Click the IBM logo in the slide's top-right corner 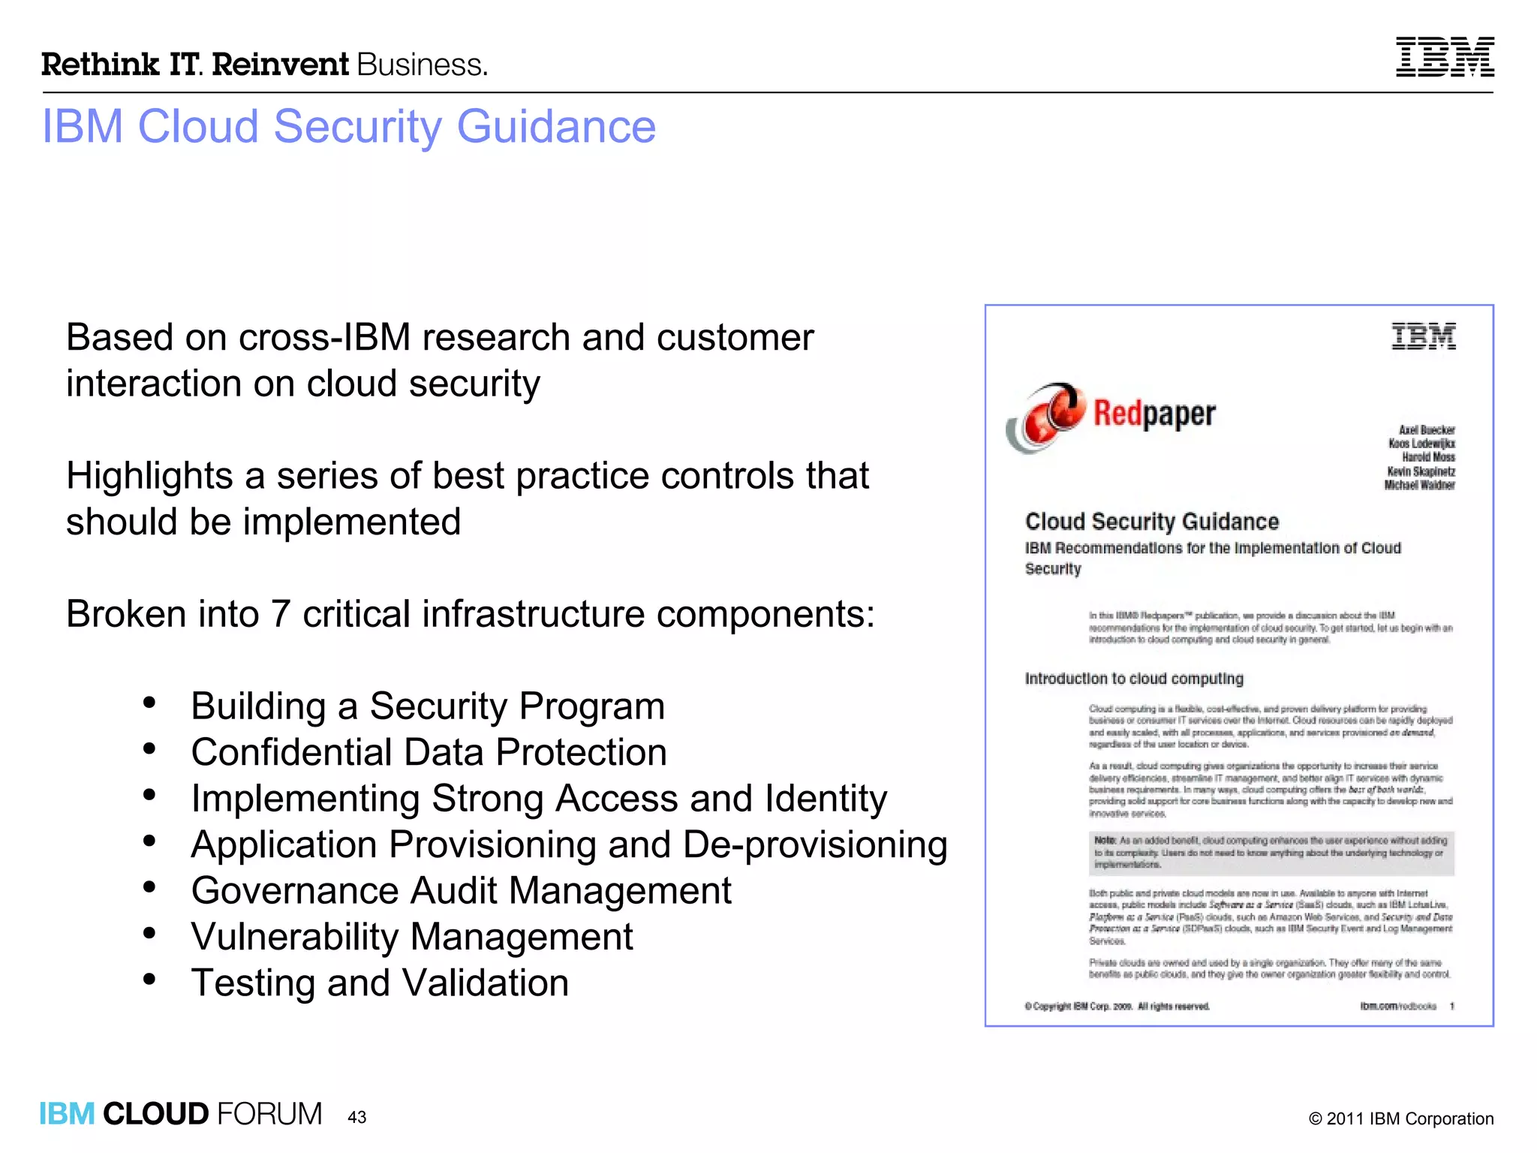click(1444, 57)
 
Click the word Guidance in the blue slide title click(556, 126)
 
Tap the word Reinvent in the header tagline click(281, 65)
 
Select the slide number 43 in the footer click(356, 1117)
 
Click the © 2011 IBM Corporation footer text click(1400, 1118)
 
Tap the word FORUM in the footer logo click(269, 1114)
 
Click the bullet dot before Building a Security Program click(149, 703)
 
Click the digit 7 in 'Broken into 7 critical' click(280, 614)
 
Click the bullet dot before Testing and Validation click(149, 979)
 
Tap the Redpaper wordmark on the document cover click(1154, 414)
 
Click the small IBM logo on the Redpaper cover click(1424, 336)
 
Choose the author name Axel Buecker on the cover click(1426, 430)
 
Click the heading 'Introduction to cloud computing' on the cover click(1133, 679)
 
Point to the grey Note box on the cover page click(1271, 853)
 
